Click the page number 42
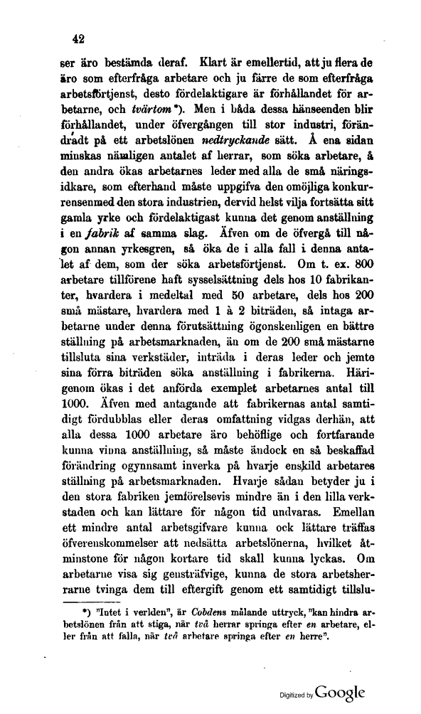click(68, 39)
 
